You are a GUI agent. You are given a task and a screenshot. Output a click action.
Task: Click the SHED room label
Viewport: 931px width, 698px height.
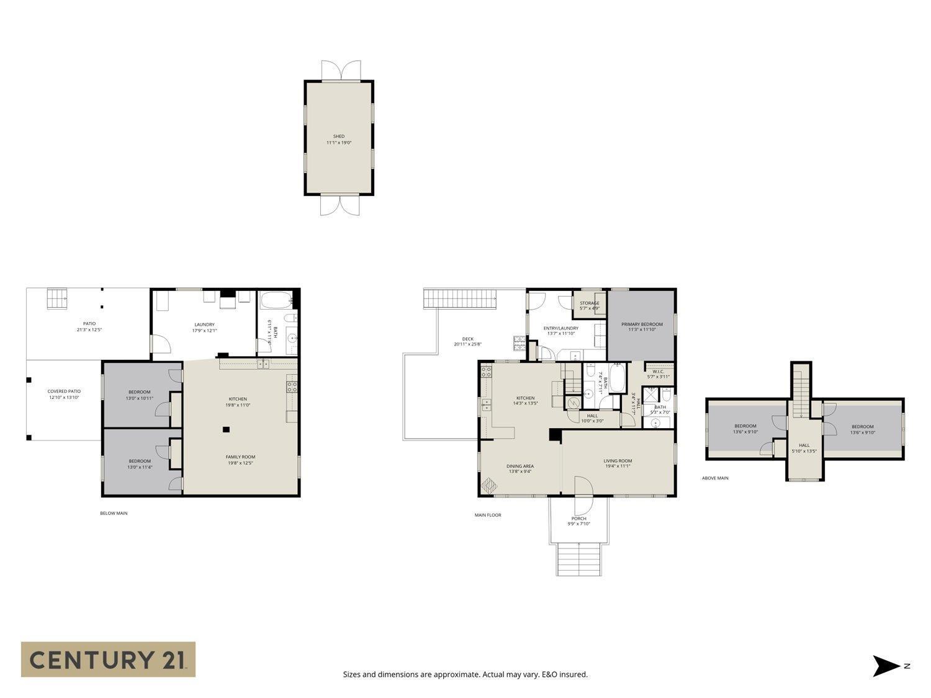338,136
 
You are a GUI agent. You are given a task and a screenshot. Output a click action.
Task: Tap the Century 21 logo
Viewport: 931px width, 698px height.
108,659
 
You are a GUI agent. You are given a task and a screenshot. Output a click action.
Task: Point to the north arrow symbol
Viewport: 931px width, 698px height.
886,666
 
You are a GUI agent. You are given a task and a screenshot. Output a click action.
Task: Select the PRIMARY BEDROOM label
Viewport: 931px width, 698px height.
642,324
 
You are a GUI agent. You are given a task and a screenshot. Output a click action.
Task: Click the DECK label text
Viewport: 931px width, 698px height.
467,339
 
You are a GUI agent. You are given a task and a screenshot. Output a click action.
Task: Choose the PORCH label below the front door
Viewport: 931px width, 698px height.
578,519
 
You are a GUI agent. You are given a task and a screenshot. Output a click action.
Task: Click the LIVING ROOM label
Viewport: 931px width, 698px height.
618,461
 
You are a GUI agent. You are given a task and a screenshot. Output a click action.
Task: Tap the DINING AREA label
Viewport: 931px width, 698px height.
520,466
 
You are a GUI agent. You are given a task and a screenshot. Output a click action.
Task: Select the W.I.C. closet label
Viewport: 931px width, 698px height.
658,372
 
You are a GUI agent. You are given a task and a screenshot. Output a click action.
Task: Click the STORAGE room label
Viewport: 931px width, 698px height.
589,303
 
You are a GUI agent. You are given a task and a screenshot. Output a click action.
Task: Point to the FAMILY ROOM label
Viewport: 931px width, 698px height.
241,457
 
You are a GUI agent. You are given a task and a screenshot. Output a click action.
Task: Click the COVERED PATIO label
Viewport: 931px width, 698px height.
64,392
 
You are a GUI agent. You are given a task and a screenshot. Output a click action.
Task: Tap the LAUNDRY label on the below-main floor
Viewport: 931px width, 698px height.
204,324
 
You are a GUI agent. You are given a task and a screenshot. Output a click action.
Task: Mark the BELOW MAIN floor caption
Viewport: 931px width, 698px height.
114,513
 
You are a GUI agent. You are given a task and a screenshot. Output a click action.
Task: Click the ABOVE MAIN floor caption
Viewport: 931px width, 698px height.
715,478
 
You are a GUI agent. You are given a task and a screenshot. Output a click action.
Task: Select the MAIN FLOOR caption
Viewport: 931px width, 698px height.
488,515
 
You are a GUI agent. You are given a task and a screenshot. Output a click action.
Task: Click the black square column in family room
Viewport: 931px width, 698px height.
227,429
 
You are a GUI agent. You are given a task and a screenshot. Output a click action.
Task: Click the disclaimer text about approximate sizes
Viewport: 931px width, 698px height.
465,674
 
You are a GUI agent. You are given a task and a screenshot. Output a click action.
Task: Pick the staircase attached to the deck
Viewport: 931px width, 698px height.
461,299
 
